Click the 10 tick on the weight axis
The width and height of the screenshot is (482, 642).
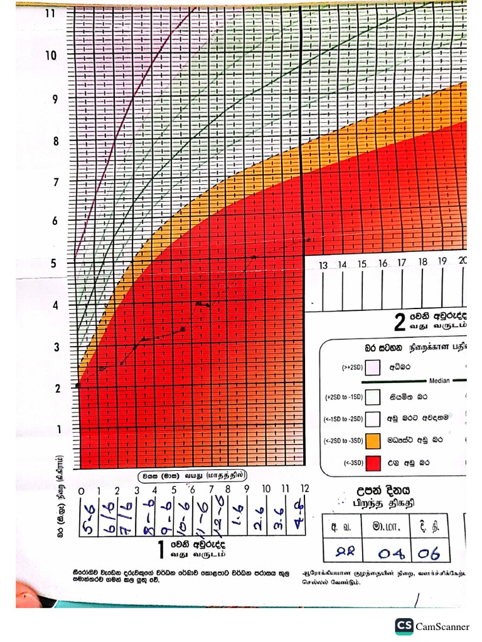pyautogui.click(x=51, y=55)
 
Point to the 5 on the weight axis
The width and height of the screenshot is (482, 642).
pyautogui.click(x=53, y=263)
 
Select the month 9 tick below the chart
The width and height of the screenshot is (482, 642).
pyautogui.click(x=246, y=489)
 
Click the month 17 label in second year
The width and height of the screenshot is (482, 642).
pyautogui.click(x=402, y=264)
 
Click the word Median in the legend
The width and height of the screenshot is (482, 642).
pyautogui.click(x=439, y=381)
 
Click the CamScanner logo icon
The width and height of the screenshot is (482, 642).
pyautogui.click(x=404, y=626)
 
